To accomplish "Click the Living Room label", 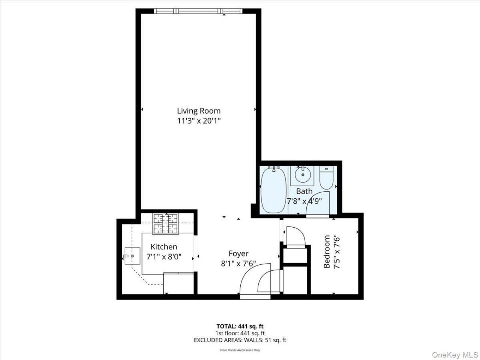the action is pos(198,111).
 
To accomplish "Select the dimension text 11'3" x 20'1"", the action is pos(198,121).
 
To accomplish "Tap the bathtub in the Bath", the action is pos(274,189).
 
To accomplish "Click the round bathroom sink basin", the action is pos(303,175).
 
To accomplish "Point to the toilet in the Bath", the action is pos(326,177).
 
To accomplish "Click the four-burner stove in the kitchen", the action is pos(165,224).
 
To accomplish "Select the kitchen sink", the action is pos(132,256).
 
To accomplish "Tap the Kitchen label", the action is pos(164,247).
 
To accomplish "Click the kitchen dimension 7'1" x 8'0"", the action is pos(164,256).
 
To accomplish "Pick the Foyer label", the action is pos(238,253).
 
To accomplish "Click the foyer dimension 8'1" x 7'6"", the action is pos(238,264).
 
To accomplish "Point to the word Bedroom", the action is pos(327,251).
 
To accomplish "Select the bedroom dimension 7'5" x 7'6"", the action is pos(337,251).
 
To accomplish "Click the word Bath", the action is pos(304,191).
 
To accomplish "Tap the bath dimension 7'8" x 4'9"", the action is pos(304,201).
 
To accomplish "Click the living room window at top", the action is pos(198,11).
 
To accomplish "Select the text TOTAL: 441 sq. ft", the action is pos(240,326).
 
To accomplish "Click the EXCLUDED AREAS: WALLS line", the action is pos(240,340).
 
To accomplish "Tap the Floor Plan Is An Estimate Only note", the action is pos(240,350).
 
